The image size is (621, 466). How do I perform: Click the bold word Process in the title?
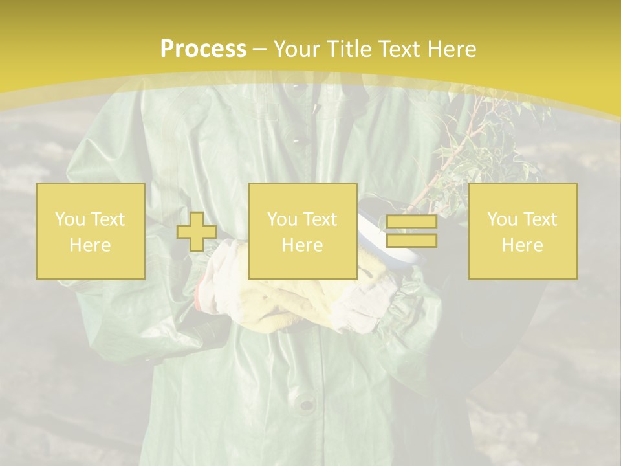[x=203, y=49]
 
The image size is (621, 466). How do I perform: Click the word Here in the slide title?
[x=453, y=49]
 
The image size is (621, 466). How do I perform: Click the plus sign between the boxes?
[x=197, y=232]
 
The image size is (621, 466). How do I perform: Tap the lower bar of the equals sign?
[x=411, y=240]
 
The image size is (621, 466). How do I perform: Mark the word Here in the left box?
[x=90, y=245]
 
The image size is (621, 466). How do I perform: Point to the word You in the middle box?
[x=281, y=219]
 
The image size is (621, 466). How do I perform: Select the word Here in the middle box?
[x=302, y=245]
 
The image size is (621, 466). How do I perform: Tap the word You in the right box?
[x=501, y=219]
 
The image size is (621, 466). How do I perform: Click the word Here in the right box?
[x=522, y=245]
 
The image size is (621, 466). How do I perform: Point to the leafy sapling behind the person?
[x=492, y=149]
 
